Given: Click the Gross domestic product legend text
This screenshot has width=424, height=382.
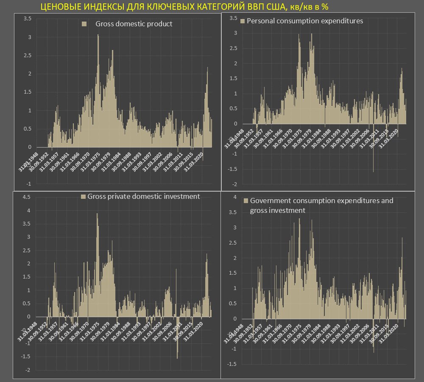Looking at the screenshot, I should [134, 24].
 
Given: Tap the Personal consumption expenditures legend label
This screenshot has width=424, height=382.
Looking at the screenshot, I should [304, 20].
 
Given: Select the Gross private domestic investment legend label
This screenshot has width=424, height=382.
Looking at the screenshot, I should [143, 196].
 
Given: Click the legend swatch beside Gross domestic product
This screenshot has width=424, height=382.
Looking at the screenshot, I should [84, 24].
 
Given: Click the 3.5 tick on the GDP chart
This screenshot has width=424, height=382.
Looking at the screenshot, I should [27, 19].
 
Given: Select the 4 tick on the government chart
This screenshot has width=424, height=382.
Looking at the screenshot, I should [234, 197].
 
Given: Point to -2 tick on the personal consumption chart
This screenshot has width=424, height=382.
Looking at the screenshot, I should [233, 184].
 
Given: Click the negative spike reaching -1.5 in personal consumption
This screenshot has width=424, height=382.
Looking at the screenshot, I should [373, 171].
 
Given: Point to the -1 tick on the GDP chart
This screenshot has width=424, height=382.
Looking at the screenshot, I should [28, 184].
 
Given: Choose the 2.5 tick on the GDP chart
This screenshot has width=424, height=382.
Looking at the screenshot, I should [27, 56].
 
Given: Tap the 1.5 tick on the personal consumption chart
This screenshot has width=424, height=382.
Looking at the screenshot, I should [233, 78].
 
